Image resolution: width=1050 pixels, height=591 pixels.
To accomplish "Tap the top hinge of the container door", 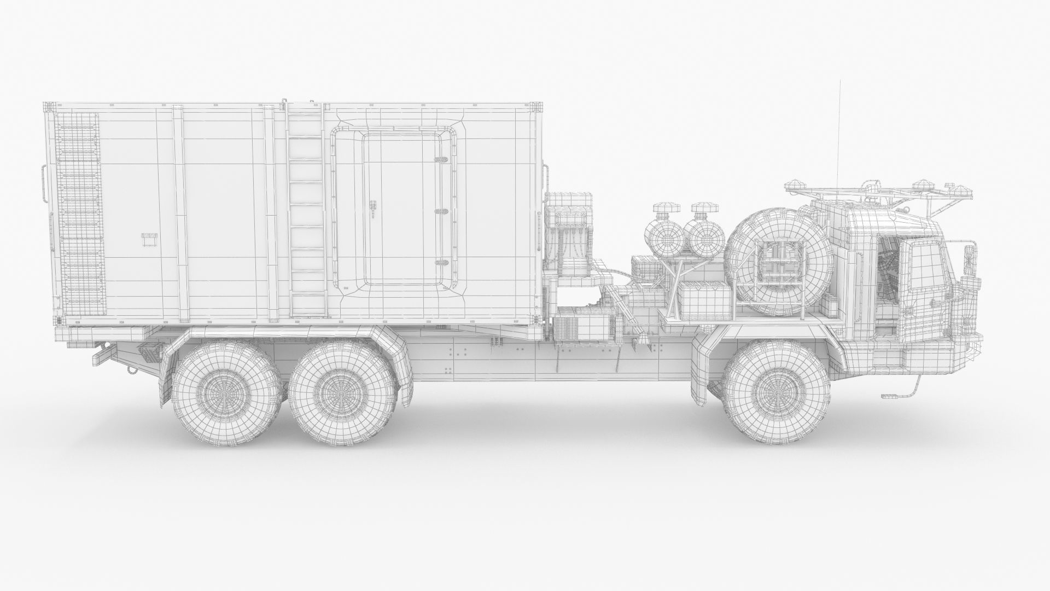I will pos(440,160).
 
